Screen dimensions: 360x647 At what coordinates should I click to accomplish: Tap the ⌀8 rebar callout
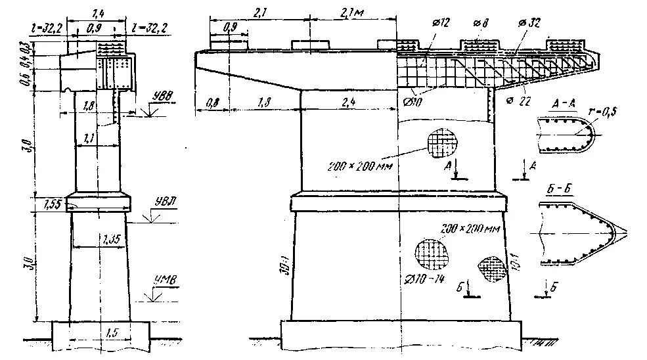(x=480, y=22)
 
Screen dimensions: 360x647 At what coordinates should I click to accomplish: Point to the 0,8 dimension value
(x=212, y=102)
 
